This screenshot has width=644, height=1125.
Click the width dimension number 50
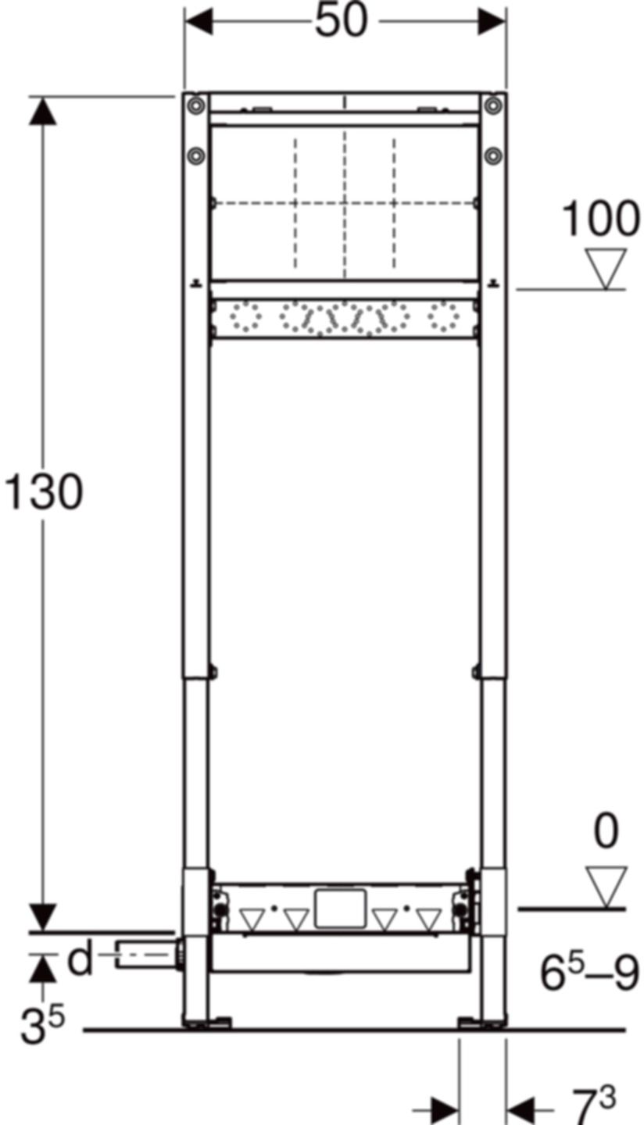tap(342, 21)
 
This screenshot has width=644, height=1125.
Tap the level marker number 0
tap(606, 834)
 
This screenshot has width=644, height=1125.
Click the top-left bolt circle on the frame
tap(197, 105)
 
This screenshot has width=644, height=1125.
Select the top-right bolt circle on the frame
tap(492, 105)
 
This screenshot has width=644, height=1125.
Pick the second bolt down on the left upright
tap(197, 155)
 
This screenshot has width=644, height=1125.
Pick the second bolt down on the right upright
tap(492, 155)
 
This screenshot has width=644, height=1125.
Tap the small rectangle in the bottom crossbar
tap(341, 909)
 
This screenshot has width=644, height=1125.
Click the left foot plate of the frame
tap(207, 1022)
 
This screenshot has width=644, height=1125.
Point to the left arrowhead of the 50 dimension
tap(199, 22)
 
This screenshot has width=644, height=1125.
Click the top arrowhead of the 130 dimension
tap(43, 111)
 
